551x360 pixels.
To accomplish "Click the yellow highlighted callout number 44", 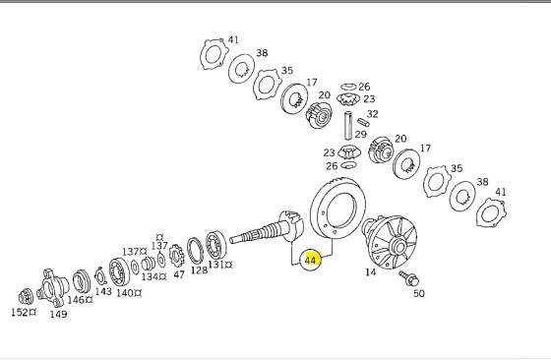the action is (310, 261).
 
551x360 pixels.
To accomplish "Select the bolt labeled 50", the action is (409, 277).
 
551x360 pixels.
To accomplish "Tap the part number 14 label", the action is (370, 272).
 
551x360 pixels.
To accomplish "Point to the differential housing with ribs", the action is (390, 242).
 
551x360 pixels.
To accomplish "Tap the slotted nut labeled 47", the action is (176, 256).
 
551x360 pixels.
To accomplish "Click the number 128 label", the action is (199, 270).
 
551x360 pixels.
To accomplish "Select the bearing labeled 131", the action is (216, 245).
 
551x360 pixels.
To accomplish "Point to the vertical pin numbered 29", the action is (348, 126).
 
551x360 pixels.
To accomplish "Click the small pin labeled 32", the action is (363, 122).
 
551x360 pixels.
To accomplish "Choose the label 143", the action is (103, 291).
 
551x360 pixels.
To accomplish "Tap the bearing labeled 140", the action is (119, 271).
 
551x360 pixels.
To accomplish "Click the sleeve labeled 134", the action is (149, 264).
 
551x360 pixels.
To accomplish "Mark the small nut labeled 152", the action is (26, 297).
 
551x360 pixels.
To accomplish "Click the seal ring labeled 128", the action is (196, 251).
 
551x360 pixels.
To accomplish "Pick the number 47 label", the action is (179, 274).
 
